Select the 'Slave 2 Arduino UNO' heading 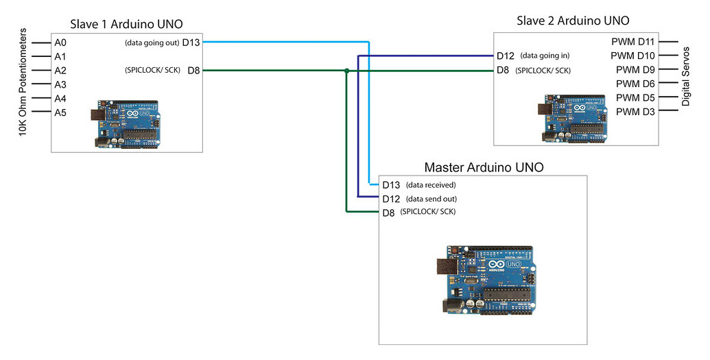pyautogui.click(x=573, y=21)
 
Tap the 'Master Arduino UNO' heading pyautogui.click(x=484, y=167)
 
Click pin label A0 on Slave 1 pyautogui.click(x=60, y=43)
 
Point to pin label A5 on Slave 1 pyautogui.click(x=60, y=112)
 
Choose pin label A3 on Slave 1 pyautogui.click(x=60, y=84)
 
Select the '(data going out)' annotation pyautogui.click(x=152, y=43)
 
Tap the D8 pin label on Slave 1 pyautogui.click(x=193, y=70)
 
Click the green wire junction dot pyautogui.click(x=347, y=70)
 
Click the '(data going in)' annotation pyautogui.click(x=545, y=56)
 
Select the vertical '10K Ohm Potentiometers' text pyautogui.click(x=23, y=82)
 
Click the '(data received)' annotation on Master pyautogui.click(x=431, y=185)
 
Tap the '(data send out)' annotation pyautogui.click(x=431, y=199)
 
